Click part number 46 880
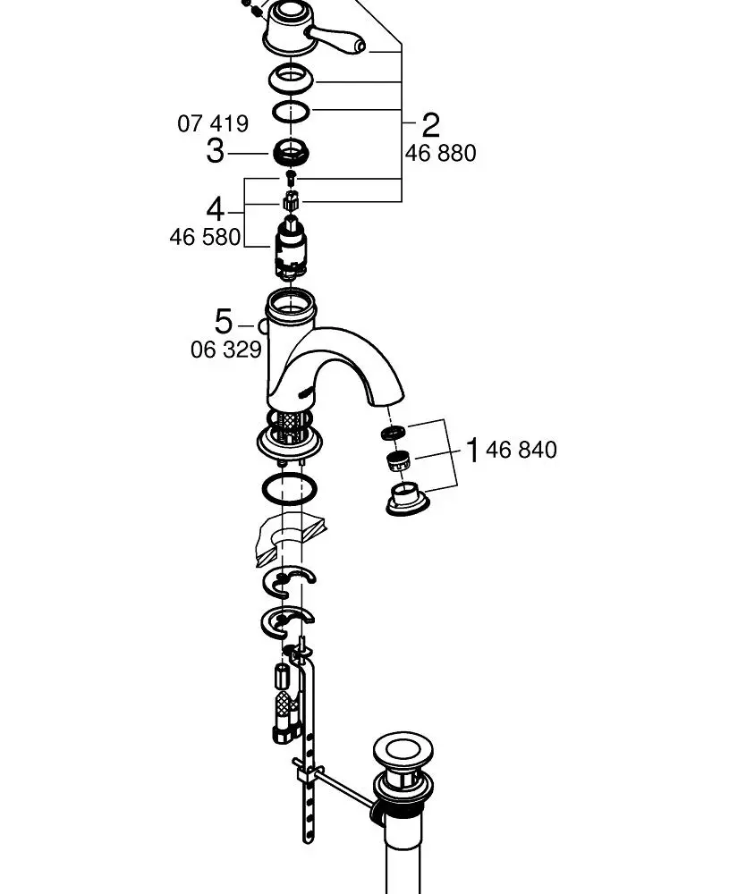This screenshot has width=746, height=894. coord(440,154)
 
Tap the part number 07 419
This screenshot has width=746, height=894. coord(213,123)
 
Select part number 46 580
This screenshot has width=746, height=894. coord(205,237)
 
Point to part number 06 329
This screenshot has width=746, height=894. coord(225,350)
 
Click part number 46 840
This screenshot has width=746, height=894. coord(521,450)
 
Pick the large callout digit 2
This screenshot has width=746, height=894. coord(430,125)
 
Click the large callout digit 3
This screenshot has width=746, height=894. coord(215,152)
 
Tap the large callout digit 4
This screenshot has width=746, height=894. coord(215,209)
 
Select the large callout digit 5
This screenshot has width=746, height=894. coord(224,322)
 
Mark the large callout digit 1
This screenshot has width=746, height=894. coord(472,451)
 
